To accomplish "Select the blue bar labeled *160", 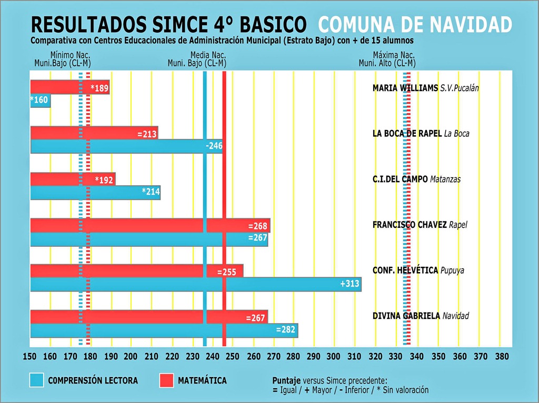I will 41,100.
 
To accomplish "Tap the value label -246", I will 214,146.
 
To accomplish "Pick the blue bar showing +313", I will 195,284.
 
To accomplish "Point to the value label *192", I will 104,180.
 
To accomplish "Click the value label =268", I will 258,226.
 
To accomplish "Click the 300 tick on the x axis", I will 334,356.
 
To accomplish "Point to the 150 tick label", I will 30,356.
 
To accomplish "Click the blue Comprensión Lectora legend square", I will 37,380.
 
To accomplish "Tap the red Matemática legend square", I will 166,380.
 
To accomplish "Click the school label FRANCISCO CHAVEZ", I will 410,225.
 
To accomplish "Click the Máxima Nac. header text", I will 394,55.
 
